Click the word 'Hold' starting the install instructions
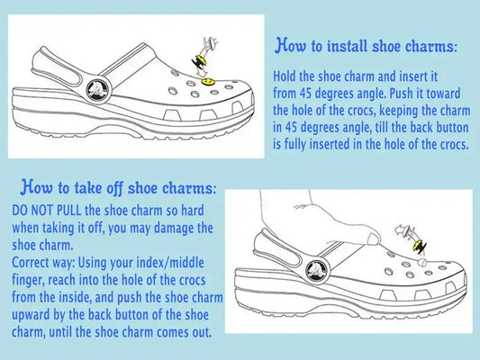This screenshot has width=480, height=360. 287,78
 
